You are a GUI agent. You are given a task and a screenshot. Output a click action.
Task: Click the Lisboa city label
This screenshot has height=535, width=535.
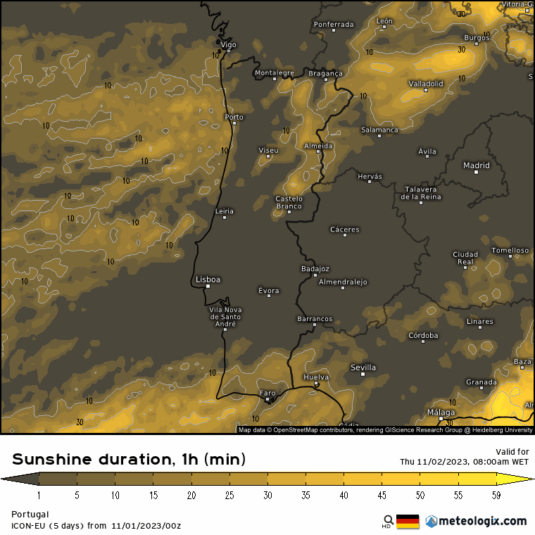point(208,279)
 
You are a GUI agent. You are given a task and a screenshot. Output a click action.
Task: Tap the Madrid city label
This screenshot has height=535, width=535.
point(476,166)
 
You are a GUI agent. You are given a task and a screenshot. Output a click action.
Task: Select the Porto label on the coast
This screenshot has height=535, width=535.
point(234,117)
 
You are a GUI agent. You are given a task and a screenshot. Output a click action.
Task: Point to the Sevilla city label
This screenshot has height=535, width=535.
point(363,367)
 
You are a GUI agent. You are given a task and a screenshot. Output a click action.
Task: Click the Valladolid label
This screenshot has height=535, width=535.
point(426,84)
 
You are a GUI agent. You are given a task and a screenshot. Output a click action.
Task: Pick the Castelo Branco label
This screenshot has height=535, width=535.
point(289,203)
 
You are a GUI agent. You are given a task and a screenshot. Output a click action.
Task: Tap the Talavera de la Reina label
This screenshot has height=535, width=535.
point(421,193)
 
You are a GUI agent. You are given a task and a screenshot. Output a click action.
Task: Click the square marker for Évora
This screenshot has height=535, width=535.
point(268,296)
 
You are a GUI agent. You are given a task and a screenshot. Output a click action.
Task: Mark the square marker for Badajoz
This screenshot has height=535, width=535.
point(315,275)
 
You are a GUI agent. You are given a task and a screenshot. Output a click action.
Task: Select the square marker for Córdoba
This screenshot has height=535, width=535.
point(423,341)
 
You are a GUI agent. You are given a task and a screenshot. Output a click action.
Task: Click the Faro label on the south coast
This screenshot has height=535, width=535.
point(267,393)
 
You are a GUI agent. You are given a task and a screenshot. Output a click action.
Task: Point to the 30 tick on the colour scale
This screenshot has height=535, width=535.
point(268,496)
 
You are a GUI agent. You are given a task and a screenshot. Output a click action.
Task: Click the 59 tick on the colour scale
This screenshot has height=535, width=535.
point(496,496)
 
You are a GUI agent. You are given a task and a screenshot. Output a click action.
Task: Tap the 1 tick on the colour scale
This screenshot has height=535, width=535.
point(39,496)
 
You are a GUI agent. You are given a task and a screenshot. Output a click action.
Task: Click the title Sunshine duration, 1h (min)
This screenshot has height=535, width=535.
point(129,460)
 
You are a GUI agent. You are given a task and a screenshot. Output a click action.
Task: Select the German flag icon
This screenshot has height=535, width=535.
point(408,522)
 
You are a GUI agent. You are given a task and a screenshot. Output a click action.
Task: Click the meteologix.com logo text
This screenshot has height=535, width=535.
point(482,521)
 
